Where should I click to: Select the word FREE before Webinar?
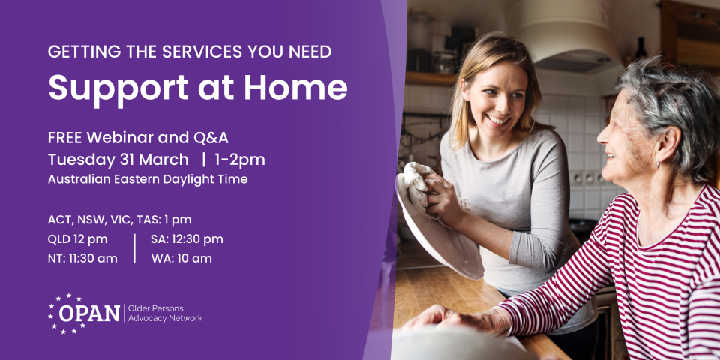pos(64,139)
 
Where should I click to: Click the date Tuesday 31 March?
pos(118,160)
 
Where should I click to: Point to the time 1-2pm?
pos(241,160)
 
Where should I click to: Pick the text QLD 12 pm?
pos(77,239)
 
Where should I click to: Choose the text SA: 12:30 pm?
pos(187,239)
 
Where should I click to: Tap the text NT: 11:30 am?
pos(82,259)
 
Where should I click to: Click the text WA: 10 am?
pos(181,259)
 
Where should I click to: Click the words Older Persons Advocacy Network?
pos(165,313)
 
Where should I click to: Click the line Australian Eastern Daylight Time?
pos(147,179)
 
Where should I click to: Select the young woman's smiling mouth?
pos(497,119)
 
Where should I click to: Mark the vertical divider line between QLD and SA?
pos(134,248)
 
